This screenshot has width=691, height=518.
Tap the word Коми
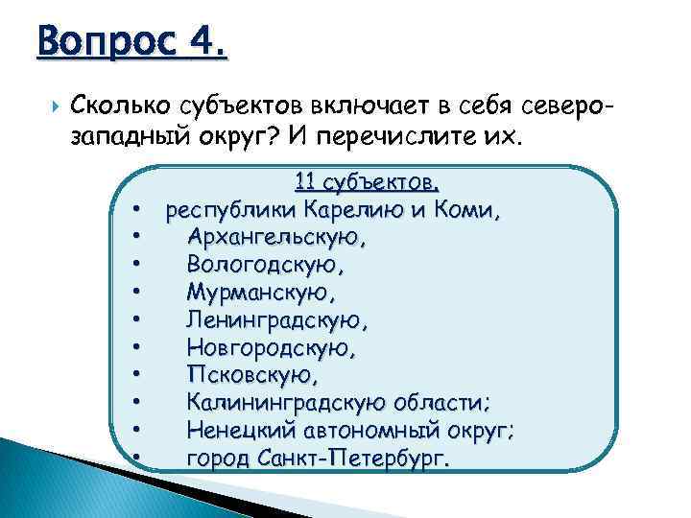pyautogui.click(x=469, y=208)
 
